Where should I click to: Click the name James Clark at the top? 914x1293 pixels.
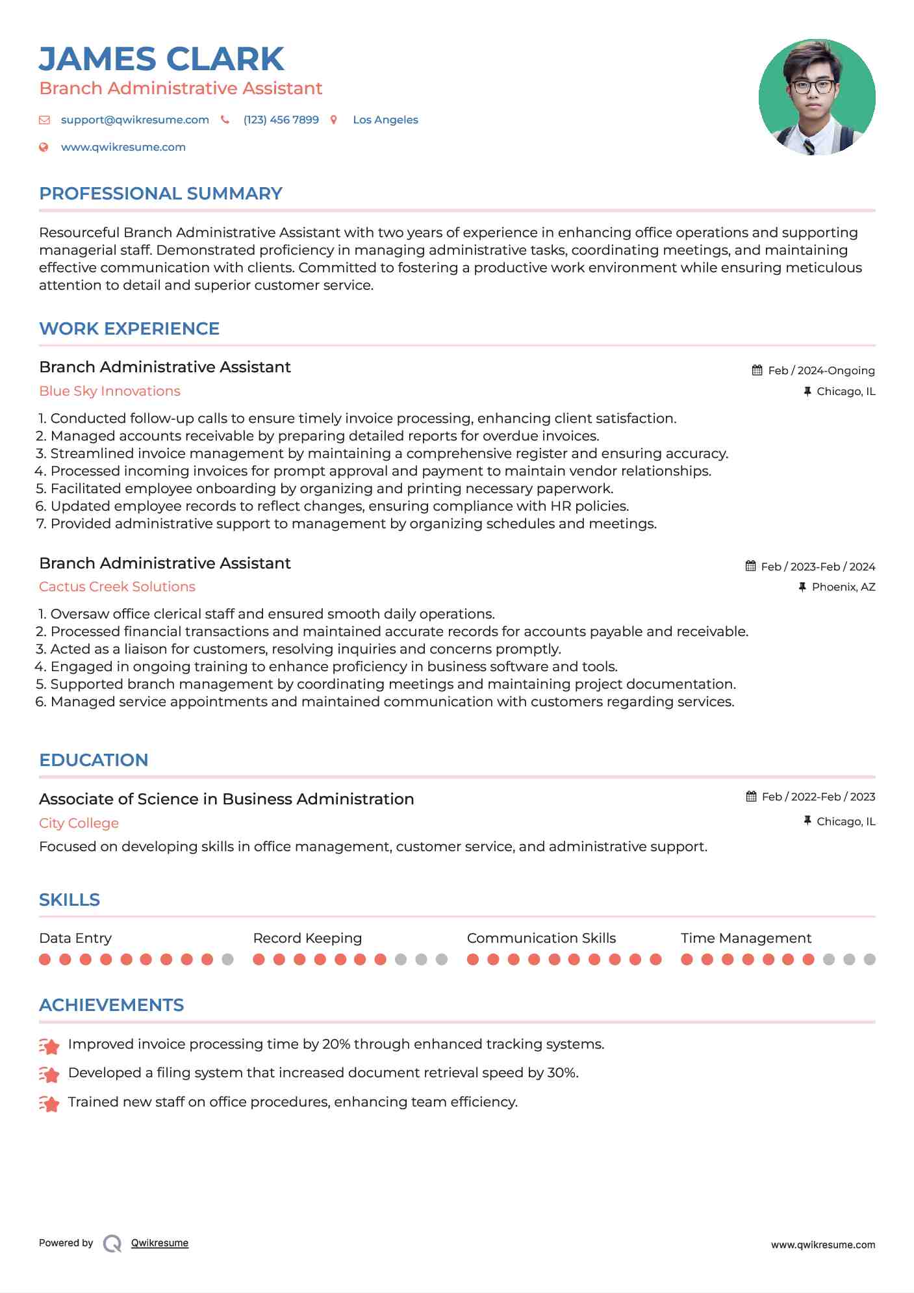click(161, 59)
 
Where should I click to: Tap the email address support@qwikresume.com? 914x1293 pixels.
click(134, 120)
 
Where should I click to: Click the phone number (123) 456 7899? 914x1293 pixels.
click(281, 120)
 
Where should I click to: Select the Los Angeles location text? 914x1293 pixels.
click(385, 120)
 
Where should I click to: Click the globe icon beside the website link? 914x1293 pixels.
click(44, 147)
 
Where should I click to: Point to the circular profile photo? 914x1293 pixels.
click(817, 97)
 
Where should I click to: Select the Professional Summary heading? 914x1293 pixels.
click(160, 194)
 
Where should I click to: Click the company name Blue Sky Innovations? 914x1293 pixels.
click(110, 391)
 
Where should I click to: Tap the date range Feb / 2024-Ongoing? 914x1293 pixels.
click(821, 370)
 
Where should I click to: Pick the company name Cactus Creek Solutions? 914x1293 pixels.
click(117, 587)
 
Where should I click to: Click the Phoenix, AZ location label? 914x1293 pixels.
click(843, 587)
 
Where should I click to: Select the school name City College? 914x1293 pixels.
click(79, 823)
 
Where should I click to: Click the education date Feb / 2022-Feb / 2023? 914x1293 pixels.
click(818, 797)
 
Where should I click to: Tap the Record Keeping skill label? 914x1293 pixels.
click(307, 938)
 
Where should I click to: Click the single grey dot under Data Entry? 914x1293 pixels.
click(227, 959)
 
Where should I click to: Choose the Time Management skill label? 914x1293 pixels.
click(746, 938)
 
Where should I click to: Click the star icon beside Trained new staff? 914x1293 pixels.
click(49, 1103)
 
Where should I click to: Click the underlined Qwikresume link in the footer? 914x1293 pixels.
click(160, 1243)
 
